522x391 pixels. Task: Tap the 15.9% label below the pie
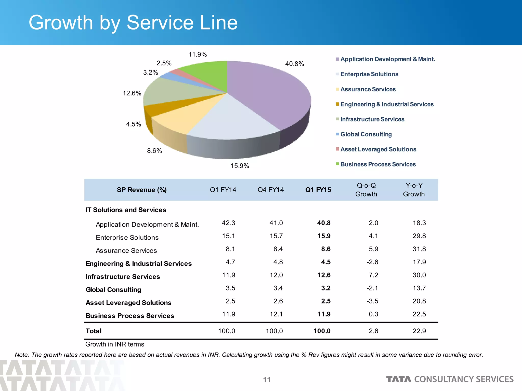(x=240, y=166)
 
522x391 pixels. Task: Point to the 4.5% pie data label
(x=133, y=124)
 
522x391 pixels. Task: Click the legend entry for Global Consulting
(x=366, y=134)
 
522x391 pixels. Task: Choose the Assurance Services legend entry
(x=368, y=89)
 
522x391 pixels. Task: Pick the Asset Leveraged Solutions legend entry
(x=378, y=149)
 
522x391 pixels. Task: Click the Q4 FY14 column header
(x=270, y=190)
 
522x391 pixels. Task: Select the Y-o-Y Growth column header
(x=414, y=190)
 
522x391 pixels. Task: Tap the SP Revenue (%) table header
(x=142, y=190)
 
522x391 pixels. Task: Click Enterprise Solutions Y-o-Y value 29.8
(x=419, y=236)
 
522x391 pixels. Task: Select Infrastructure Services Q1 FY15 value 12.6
(x=324, y=275)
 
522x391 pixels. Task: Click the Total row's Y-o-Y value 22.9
(x=419, y=331)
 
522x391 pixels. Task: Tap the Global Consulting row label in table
(x=113, y=290)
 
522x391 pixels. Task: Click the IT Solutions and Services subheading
(x=126, y=210)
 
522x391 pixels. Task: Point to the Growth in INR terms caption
(x=115, y=344)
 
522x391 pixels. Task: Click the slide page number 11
(x=267, y=380)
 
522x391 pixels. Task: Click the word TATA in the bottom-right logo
(x=399, y=379)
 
